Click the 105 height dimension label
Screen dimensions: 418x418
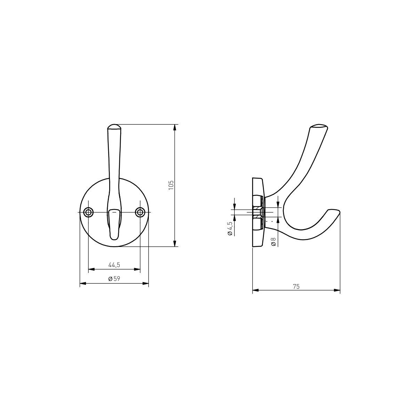[x=171, y=185]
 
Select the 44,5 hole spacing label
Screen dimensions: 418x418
[x=114, y=265]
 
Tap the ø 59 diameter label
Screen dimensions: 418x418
[x=114, y=279]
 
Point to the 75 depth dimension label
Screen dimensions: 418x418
[x=296, y=287]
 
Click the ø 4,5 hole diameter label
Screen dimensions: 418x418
[x=230, y=228]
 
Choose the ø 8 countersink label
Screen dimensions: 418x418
[x=273, y=242]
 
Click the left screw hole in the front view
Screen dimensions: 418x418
[x=88, y=212]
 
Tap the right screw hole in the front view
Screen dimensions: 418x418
[x=140, y=212]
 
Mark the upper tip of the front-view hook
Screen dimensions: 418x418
[x=114, y=124]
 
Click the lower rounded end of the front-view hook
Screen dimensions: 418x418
[x=114, y=239]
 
